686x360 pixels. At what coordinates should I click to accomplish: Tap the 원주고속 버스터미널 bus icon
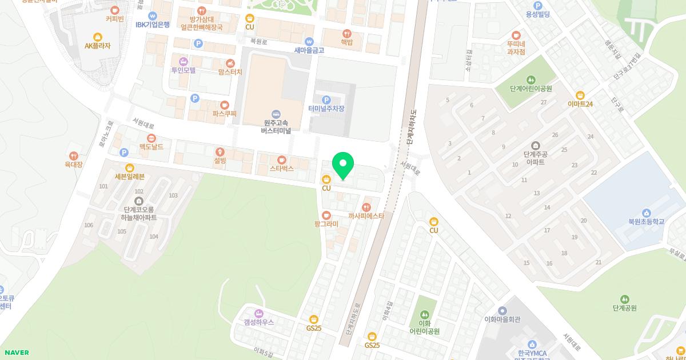coord(277,113)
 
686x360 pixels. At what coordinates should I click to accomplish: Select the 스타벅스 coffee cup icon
coord(281,159)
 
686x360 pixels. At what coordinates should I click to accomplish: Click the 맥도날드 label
coord(151,147)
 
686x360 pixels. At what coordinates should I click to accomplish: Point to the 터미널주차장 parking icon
coord(326,99)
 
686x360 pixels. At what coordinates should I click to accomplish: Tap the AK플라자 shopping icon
coord(97,37)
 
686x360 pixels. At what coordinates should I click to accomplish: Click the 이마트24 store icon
coord(580,95)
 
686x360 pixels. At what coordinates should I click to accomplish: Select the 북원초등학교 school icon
coord(646,213)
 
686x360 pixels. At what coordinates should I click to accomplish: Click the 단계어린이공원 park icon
coord(532,79)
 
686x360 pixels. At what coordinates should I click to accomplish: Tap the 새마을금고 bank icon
coord(309,41)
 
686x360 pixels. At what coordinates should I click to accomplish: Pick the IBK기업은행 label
coord(153,25)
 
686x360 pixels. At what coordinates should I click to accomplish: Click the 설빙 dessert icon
coord(220,151)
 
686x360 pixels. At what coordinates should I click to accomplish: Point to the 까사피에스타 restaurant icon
coord(366,207)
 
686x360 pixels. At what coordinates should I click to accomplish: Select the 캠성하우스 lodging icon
coord(258,313)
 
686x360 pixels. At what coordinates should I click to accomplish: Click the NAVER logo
coord(15,353)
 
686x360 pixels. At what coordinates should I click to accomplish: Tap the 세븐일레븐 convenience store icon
coord(130,167)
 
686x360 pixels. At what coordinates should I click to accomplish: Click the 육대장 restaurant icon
coord(74,155)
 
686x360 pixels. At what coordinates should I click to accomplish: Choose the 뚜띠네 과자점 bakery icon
coord(516,35)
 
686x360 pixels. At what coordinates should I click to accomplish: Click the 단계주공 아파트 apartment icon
coord(535,145)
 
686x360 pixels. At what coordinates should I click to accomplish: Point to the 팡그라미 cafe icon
coord(326,215)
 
